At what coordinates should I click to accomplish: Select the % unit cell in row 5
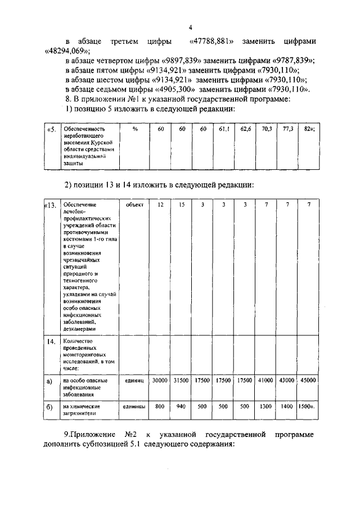(x=135, y=129)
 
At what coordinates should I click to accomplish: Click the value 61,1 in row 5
(x=224, y=129)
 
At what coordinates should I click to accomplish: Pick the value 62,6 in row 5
(x=245, y=129)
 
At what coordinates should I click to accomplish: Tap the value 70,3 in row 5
(x=267, y=129)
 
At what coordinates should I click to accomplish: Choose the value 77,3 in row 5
(x=287, y=129)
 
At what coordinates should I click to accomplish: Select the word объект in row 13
(x=135, y=205)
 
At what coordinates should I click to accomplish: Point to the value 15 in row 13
(x=181, y=205)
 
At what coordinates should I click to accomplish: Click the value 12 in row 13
(x=160, y=205)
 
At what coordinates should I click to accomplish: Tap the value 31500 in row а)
(x=181, y=381)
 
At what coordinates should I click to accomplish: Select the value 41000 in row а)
(x=266, y=381)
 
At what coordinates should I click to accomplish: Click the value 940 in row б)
(x=181, y=406)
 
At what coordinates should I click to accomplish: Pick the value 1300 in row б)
(x=266, y=406)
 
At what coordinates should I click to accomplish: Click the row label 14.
(x=51, y=341)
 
